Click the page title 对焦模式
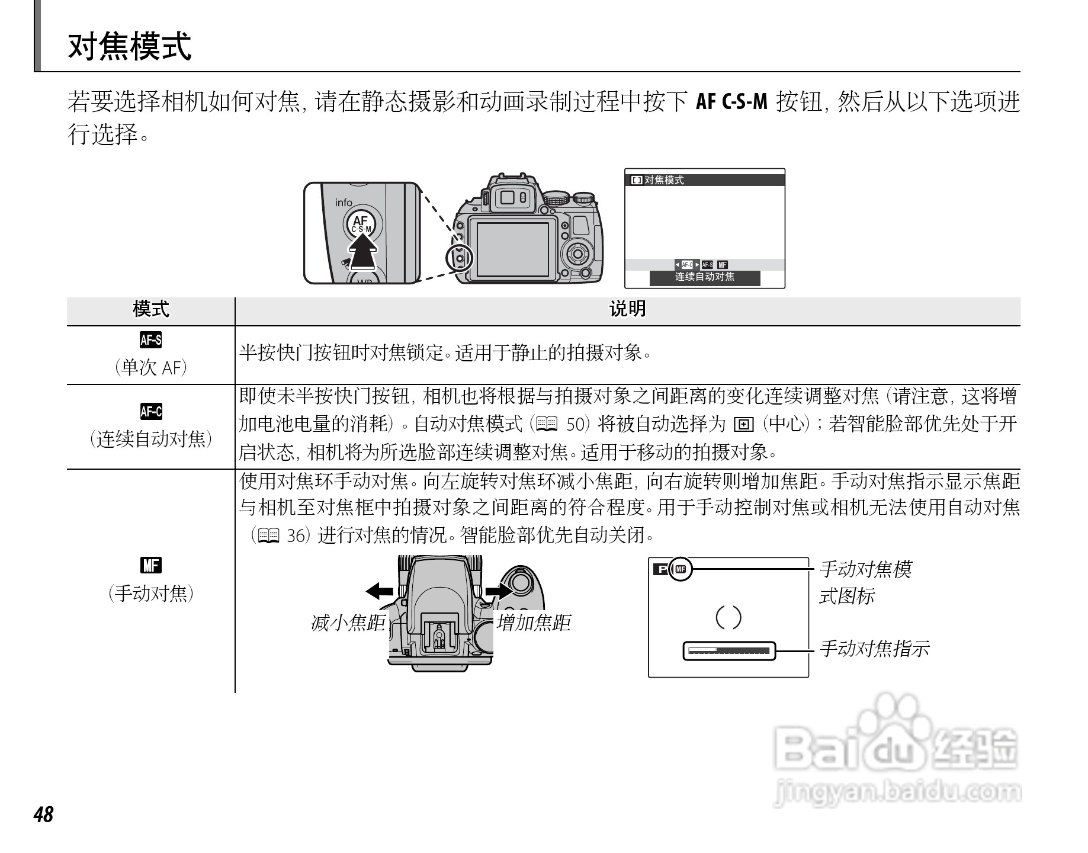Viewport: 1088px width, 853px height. [130, 47]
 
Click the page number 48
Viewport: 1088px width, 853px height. [44, 815]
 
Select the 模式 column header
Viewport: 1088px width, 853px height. [150, 309]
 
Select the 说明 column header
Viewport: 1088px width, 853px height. [627, 309]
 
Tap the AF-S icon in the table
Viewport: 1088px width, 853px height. [150, 340]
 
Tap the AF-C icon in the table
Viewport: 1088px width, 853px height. [150, 411]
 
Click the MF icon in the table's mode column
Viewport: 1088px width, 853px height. [150, 566]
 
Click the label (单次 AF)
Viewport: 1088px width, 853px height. [150, 368]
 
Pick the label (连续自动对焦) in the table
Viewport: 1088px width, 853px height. [150, 440]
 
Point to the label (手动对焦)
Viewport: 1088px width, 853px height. [150, 593]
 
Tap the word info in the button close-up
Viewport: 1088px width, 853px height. [344, 203]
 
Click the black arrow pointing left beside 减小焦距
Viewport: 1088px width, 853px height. [379, 591]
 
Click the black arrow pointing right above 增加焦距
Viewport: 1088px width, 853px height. [498, 591]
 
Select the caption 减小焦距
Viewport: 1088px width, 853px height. [348, 623]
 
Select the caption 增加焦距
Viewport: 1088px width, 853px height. [533, 623]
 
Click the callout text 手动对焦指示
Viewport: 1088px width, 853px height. [874, 649]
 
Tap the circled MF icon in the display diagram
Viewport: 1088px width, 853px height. [681, 570]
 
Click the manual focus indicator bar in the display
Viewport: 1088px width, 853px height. [728, 651]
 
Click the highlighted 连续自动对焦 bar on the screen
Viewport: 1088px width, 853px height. [704, 277]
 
